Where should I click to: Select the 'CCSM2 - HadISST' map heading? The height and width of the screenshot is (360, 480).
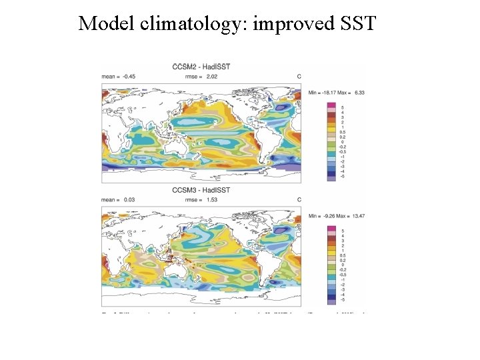point(201,67)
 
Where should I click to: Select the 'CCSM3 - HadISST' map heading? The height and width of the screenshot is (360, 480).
point(201,190)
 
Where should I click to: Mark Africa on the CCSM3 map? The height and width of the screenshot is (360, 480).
point(115,250)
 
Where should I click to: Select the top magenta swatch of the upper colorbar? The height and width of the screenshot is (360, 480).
point(331,107)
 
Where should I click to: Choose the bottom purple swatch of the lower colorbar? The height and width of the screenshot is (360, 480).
point(331,301)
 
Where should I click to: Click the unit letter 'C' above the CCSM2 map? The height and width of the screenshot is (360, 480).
point(299,77)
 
